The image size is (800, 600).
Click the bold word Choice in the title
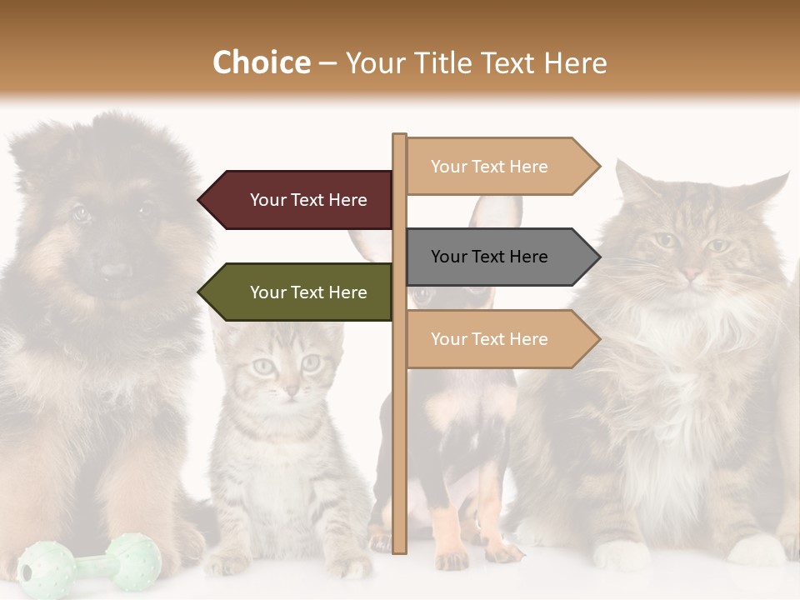[261, 62]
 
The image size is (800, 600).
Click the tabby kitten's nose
[289, 390]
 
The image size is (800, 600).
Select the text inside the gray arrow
[489, 257]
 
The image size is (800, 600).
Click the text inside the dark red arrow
[308, 200]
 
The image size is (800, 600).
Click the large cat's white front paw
[621, 554]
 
